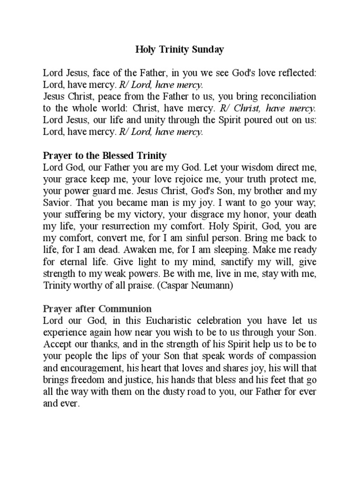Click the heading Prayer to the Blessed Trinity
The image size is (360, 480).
click(105, 155)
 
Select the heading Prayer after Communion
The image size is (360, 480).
click(97, 309)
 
